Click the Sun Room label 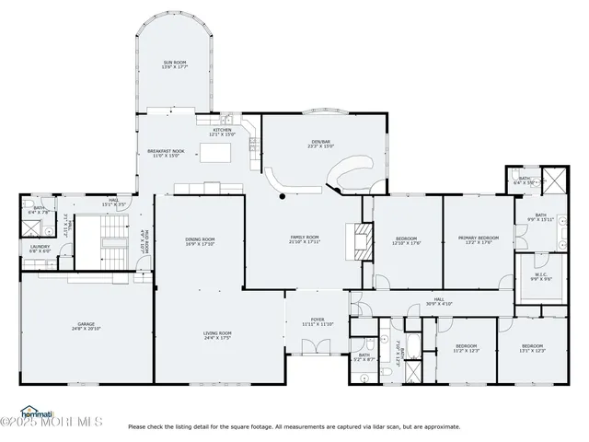point(175,64)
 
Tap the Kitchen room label point(223,133)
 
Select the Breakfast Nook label point(166,153)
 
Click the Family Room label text point(306,239)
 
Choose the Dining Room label point(200,242)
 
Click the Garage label point(85,328)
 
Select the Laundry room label point(40,249)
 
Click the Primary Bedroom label point(479,240)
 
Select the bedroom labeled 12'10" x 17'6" point(406,240)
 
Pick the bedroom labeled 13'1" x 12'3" point(533,348)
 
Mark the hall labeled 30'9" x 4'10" point(439,302)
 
